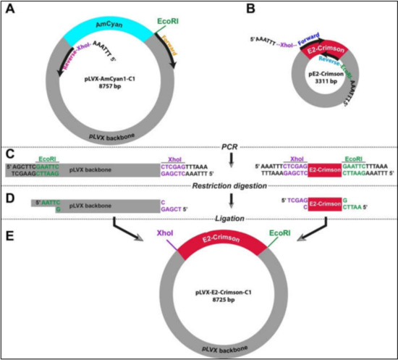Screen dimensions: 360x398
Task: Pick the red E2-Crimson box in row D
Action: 323,206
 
